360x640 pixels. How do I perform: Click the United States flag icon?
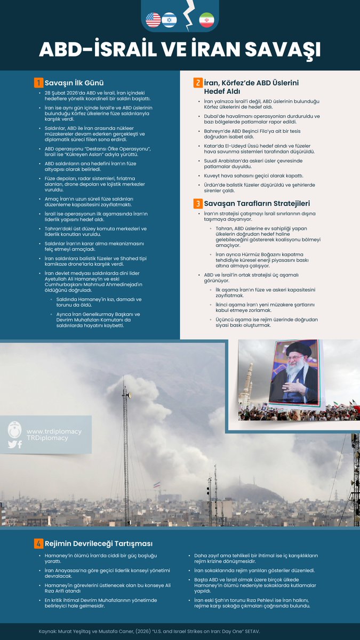153,20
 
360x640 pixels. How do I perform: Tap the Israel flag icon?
169,20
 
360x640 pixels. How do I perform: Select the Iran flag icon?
206,20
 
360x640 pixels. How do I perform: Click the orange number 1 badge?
38,83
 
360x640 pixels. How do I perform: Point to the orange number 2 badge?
197,83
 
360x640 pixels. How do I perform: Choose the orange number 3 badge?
197,203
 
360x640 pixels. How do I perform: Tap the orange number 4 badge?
38,543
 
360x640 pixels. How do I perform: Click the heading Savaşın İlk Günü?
74,83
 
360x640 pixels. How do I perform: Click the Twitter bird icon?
12,444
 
